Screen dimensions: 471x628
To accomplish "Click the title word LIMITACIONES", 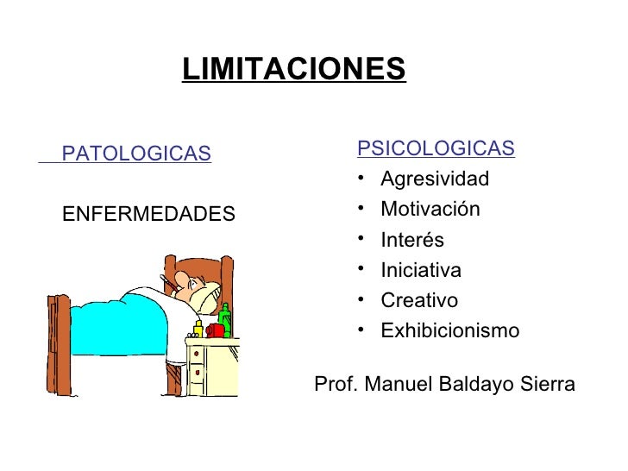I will (293, 69).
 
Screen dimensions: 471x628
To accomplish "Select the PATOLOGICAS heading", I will (136, 154).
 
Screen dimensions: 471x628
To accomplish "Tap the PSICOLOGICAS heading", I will (436, 148).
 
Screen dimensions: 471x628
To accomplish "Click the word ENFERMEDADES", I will (148, 213).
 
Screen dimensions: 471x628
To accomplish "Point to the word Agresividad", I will (435, 179).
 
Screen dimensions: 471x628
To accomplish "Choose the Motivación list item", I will (430, 210).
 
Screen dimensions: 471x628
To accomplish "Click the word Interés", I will (412, 241).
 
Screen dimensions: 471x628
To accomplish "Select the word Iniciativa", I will (421, 271).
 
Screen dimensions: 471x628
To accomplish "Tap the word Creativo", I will (419, 301).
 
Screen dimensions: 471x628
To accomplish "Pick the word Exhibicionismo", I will (450, 331).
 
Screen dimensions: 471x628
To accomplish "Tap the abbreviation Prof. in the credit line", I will (336, 384).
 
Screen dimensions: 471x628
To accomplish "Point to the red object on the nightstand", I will (215, 330).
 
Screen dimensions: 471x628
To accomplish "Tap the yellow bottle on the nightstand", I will (198, 329).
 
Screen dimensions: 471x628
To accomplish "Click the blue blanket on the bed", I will (121, 323).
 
